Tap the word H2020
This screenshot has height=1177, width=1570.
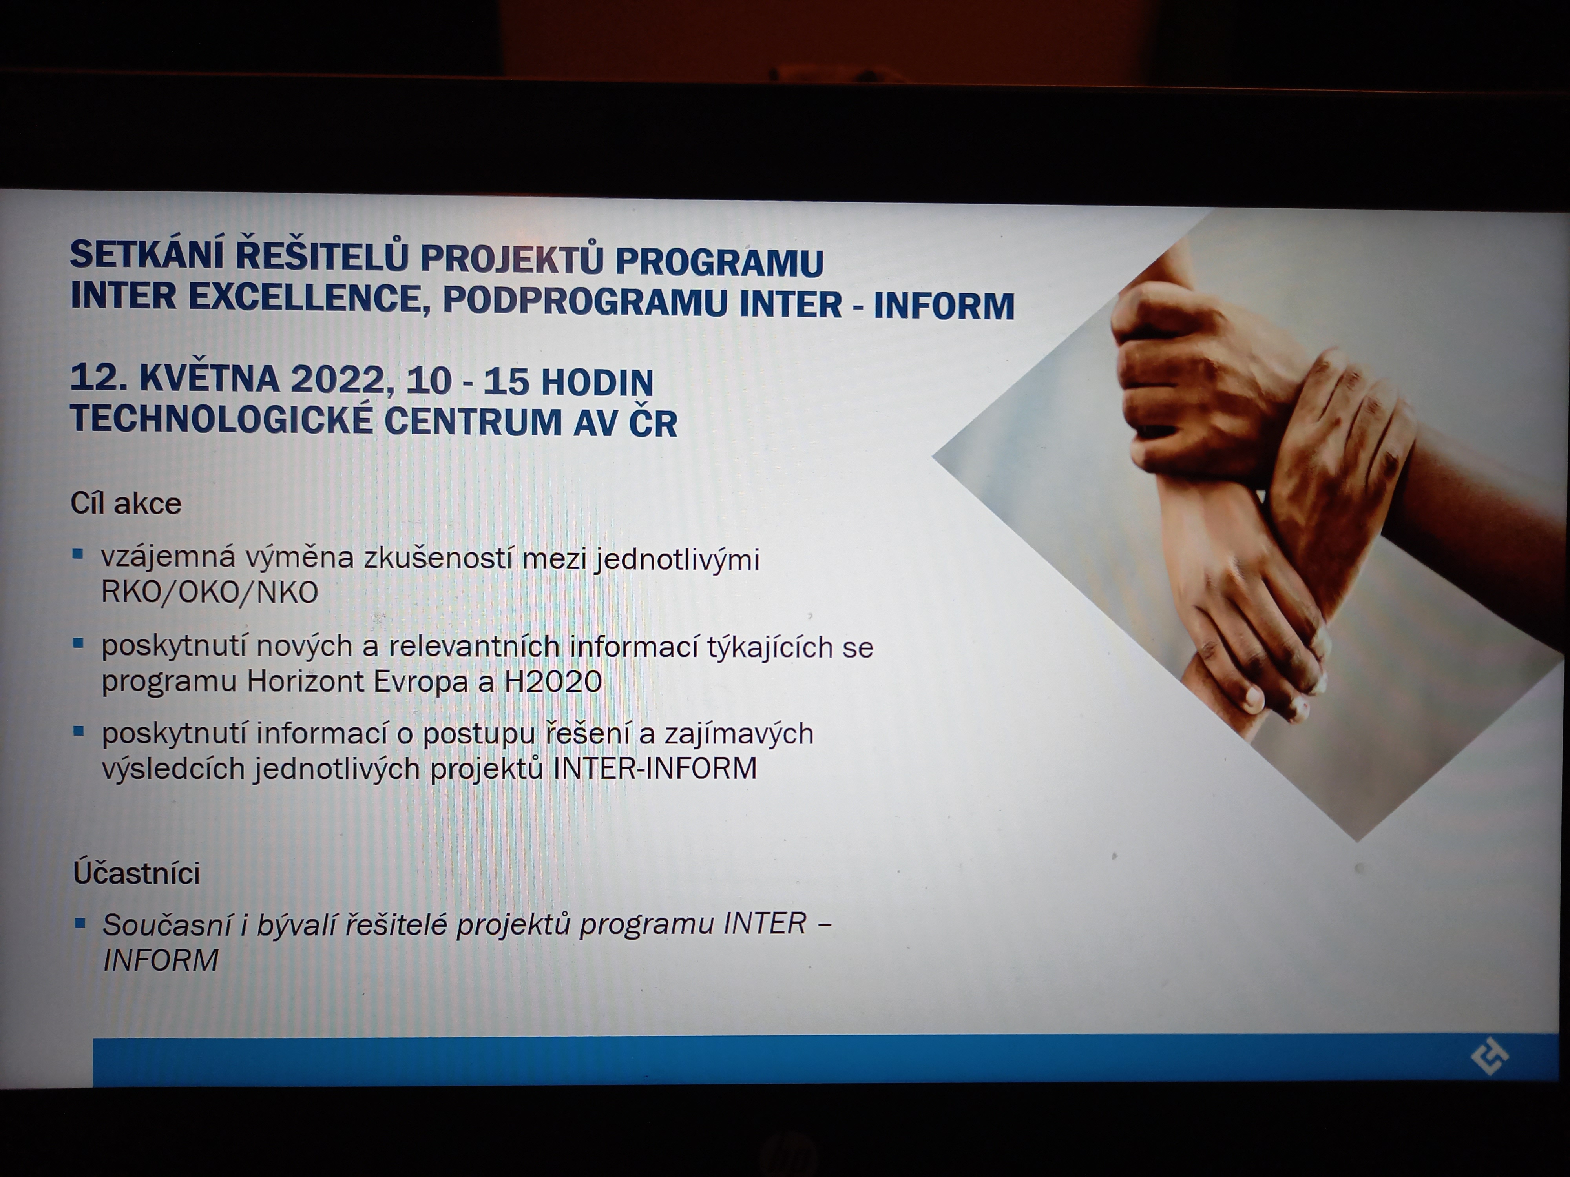point(553,682)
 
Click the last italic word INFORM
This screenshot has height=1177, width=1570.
point(161,960)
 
